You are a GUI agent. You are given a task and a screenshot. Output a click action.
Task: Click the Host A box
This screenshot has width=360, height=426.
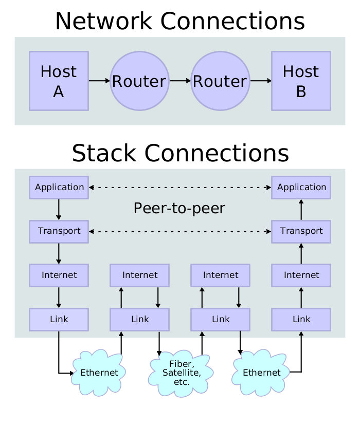59,81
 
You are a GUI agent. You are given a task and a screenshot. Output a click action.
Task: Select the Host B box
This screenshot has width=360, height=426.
301,81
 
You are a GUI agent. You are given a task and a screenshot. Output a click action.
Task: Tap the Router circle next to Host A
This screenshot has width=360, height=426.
139,81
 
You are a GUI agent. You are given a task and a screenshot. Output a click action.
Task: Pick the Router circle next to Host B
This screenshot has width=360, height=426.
220,81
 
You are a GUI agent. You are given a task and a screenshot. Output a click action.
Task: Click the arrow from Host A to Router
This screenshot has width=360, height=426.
99,81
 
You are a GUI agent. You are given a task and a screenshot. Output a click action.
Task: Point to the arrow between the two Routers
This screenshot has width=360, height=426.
180,81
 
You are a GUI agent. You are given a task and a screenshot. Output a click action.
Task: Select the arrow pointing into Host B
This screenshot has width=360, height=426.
261,81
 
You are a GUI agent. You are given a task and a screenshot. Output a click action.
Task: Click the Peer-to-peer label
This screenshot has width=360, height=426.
179,208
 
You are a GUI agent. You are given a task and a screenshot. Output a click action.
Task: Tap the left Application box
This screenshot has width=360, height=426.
59,188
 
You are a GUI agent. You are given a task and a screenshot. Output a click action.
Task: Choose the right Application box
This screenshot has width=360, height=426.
301,188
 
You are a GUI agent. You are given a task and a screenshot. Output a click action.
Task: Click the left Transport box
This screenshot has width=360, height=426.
59,231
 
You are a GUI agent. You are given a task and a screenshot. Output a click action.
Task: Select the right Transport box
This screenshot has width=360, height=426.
301,231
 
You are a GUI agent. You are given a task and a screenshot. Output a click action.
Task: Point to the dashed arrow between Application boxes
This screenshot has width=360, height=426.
180,188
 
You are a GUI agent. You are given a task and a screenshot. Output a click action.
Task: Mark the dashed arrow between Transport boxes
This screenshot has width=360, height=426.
180,232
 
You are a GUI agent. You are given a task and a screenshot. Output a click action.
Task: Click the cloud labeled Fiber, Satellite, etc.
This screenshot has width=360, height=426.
182,373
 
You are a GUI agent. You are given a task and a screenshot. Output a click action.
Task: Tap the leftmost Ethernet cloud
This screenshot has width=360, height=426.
99,373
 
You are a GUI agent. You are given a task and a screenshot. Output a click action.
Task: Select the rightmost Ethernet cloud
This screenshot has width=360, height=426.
261,373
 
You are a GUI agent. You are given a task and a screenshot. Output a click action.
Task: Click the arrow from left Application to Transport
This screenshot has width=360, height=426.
59,209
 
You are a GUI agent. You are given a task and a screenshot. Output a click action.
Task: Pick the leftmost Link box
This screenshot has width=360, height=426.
59,319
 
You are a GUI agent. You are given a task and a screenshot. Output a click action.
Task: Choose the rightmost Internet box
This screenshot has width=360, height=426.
301,275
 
